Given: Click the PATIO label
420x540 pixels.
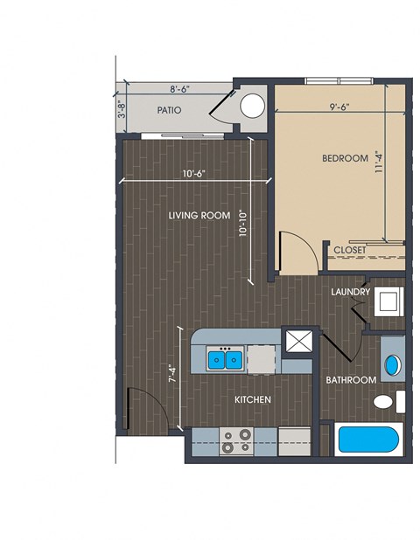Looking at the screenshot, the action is tap(169, 110).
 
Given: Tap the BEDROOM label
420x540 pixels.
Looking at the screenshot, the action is tap(345, 158).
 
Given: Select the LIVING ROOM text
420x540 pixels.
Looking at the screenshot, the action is tap(199, 216).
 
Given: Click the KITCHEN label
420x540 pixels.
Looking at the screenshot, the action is tap(253, 400).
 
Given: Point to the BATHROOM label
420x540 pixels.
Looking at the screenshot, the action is tap(351, 380).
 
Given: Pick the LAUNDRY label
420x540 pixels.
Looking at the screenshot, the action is tap(350, 292).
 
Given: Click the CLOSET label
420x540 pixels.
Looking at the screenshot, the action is tap(350, 250).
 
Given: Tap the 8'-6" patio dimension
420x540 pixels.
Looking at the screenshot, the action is tap(180, 89).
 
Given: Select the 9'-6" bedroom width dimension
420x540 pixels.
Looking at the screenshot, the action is tap(340, 107).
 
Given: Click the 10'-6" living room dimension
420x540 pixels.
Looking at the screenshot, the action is tap(194, 174).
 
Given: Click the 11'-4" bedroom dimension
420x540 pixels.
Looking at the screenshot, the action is tap(379, 162).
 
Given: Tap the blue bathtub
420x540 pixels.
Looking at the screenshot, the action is tap(368, 440).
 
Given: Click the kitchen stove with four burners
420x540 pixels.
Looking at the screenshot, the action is tap(236, 441).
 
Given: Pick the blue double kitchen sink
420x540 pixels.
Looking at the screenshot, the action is tap(225, 360).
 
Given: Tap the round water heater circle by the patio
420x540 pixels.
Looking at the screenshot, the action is tap(252, 106).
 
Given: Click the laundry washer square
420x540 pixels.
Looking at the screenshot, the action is tap(389, 302).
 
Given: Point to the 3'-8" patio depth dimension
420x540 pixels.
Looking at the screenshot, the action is tap(122, 109).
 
